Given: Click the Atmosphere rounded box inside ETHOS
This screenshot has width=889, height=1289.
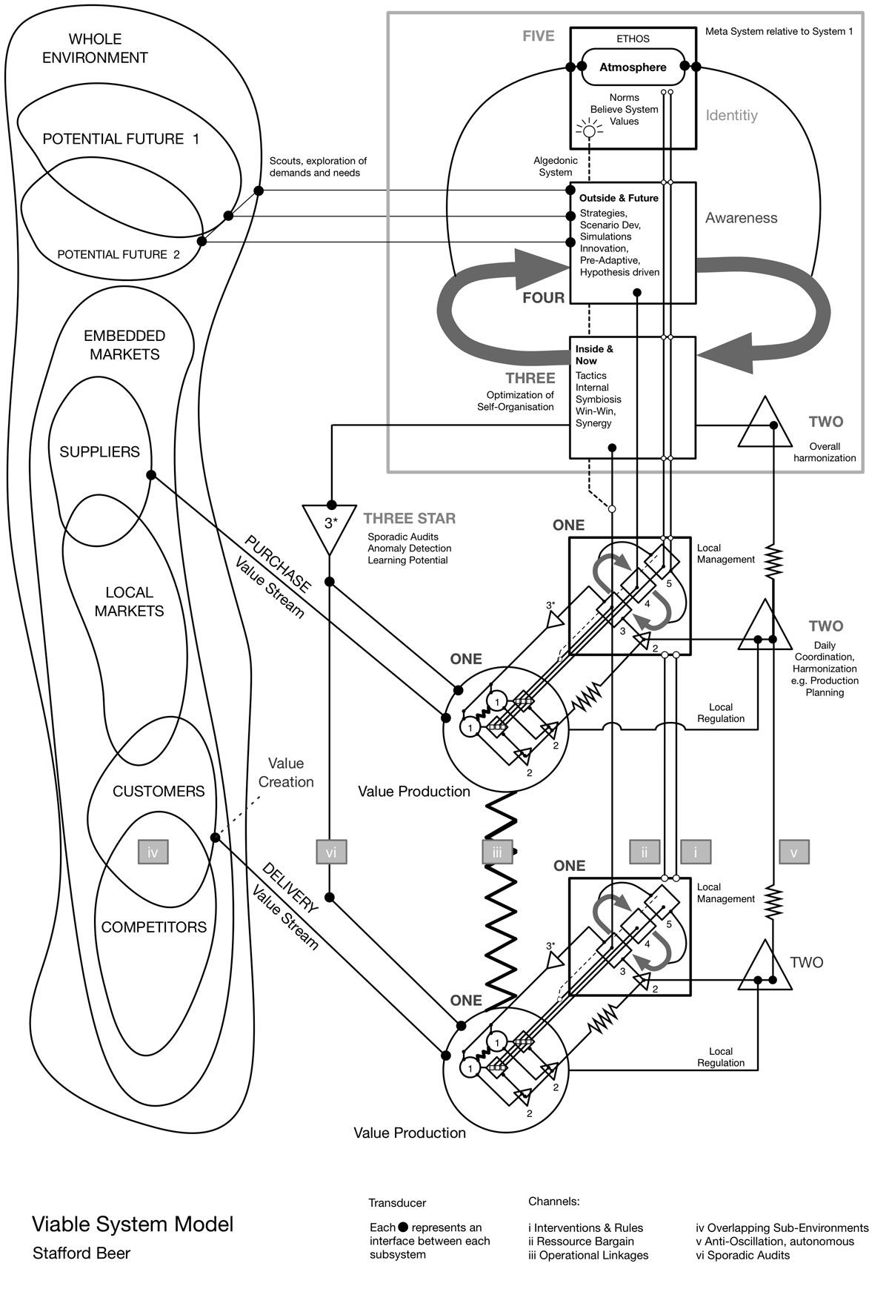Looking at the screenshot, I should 633,67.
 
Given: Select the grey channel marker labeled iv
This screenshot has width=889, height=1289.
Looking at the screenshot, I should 153,852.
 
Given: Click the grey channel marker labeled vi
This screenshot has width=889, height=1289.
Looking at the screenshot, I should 330,852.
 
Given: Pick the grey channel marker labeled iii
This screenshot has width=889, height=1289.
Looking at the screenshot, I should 496,852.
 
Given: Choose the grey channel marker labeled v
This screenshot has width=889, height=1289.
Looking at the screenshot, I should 793,852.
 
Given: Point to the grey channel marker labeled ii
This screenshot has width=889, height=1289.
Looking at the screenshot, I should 645,852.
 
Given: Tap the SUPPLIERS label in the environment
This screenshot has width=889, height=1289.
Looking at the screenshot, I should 99,451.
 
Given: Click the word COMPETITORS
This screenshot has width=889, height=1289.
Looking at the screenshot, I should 153,927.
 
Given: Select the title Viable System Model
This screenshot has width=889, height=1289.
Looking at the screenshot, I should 133,1224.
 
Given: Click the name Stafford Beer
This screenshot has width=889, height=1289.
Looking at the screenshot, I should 81,1253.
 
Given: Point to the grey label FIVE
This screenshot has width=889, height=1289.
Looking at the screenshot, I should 538,36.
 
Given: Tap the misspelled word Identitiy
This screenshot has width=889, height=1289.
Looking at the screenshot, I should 731,116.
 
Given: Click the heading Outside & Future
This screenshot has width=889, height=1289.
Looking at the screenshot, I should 619,198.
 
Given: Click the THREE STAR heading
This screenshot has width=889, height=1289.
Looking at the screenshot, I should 409,519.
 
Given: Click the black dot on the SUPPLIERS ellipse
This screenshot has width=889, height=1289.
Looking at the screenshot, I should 151,474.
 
